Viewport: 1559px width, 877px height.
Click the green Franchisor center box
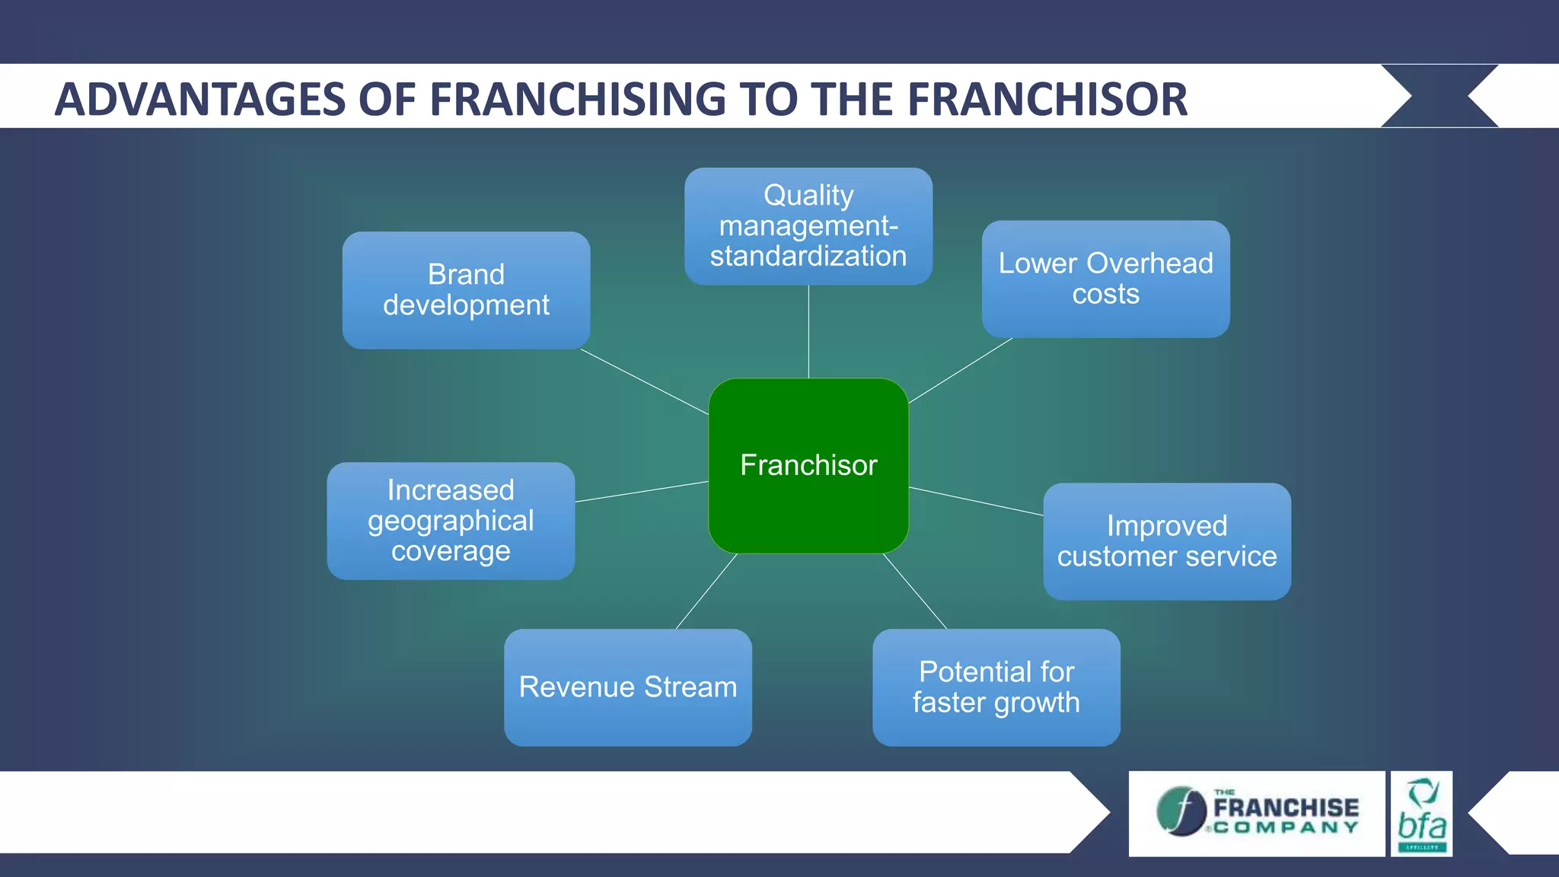808,466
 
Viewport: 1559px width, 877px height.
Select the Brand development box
466,290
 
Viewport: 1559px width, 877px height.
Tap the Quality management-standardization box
808,226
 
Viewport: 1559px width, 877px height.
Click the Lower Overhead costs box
1105,279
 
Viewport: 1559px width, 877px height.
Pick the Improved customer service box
1166,541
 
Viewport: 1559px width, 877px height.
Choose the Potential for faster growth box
996,687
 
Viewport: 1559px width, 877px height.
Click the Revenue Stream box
627,687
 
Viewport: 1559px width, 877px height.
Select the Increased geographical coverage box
451,521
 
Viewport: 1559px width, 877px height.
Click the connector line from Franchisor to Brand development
645,382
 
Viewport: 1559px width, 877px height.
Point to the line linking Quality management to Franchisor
808,332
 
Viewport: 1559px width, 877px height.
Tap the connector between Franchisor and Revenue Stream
706,591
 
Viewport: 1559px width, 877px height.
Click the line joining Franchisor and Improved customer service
976,501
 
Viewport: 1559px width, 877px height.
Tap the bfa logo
1421,814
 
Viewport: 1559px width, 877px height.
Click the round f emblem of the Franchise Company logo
1181,812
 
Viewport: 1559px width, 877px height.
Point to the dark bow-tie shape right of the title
1439,96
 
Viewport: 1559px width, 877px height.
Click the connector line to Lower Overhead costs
961,371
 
